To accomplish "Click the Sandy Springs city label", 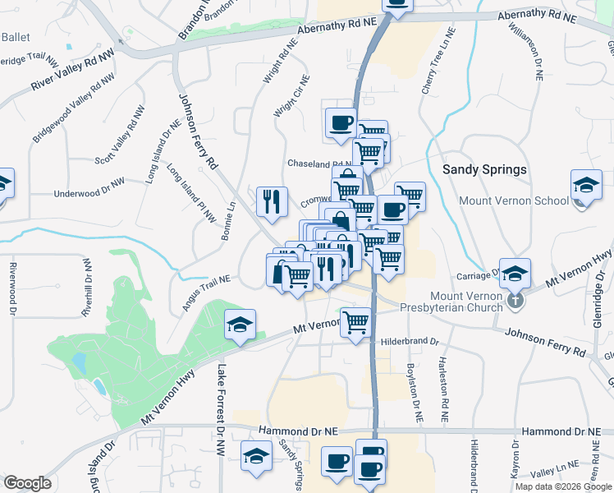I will point(484,169).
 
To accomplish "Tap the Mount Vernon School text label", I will point(514,200).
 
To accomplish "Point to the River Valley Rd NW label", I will point(73,72).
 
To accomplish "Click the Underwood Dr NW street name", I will point(89,194).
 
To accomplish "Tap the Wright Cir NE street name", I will point(292,96).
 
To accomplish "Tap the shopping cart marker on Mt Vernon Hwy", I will point(355,321).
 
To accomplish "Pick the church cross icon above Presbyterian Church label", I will point(515,301).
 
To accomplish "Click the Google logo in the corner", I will point(27,483).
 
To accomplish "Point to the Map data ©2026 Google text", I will point(562,486).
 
